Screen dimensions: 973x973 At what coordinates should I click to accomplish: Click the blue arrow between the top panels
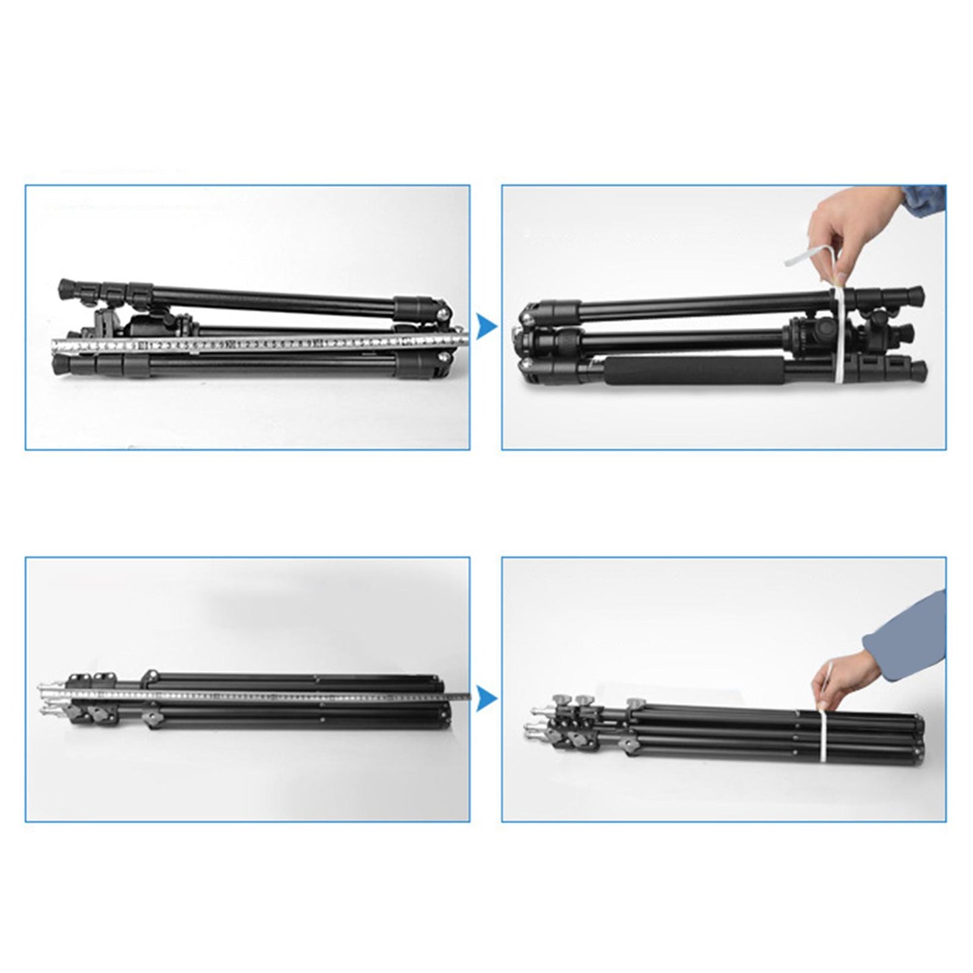[485, 327]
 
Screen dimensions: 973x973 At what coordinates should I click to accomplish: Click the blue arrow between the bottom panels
[485, 700]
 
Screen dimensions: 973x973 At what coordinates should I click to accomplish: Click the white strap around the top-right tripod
[840, 337]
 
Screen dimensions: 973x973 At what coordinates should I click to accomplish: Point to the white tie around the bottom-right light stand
[823, 741]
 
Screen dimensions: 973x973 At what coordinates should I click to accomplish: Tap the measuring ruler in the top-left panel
[256, 344]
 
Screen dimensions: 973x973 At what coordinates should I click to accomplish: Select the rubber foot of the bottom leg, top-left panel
[62, 366]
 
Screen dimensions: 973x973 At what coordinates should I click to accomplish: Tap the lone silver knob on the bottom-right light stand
[634, 704]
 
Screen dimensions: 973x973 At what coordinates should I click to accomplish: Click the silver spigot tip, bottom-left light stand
[42, 687]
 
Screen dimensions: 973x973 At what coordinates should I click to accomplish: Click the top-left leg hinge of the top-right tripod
[556, 311]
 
